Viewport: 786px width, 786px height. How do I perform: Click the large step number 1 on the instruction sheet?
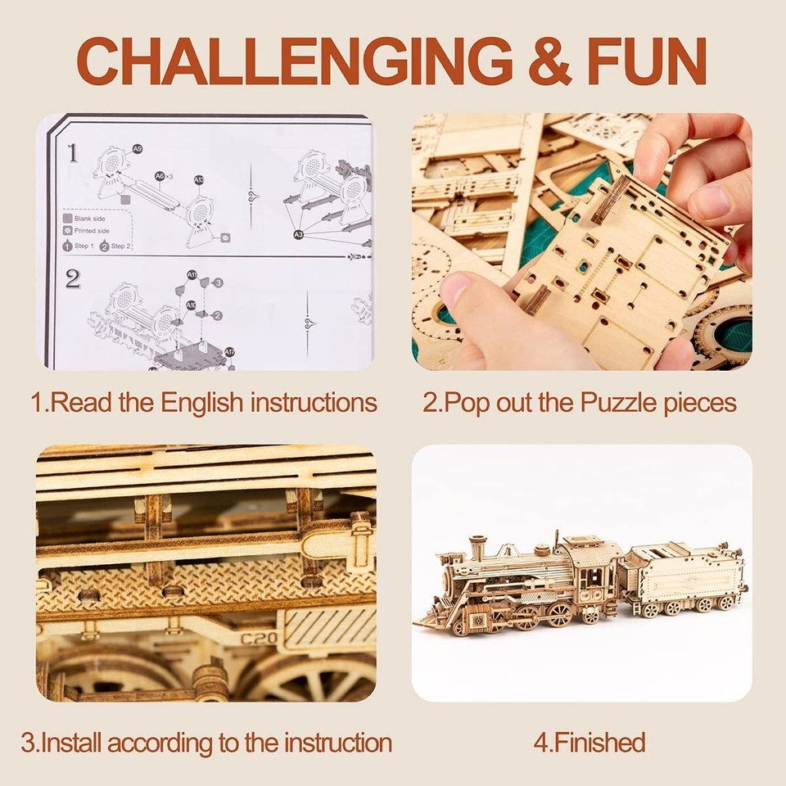(72, 152)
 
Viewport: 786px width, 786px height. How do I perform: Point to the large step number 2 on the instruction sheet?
(73, 279)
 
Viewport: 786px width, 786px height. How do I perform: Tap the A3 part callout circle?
(299, 234)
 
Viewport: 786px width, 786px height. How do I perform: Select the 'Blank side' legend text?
(92, 219)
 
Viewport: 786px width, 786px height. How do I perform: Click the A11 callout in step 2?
(192, 276)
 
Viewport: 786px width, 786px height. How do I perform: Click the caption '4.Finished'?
(589, 743)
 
